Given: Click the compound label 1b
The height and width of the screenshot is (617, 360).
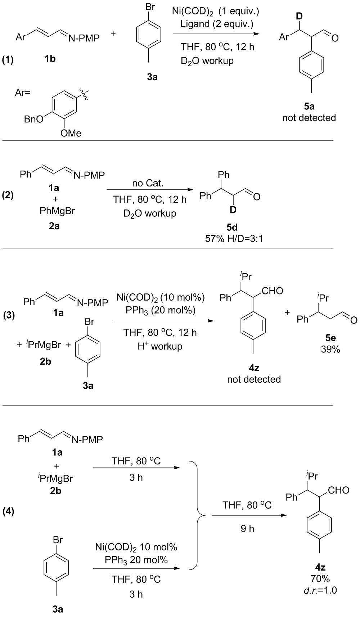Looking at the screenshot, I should click(x=50, y=58).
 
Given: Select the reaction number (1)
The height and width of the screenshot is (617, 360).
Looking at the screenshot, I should click(x=8, y=60).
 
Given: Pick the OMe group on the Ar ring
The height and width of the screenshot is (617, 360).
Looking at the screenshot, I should click(x=71, y=133).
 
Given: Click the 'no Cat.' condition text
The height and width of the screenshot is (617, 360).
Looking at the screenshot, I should click(x=148, y=184).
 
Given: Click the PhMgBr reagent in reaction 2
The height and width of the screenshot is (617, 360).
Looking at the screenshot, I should click(x=57, y=211).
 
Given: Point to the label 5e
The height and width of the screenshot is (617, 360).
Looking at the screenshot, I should click(x=330, y=338).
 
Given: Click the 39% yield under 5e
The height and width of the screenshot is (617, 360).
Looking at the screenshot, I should click(x=330, y=349).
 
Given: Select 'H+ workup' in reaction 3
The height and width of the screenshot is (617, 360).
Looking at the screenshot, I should click(x=160, y=346).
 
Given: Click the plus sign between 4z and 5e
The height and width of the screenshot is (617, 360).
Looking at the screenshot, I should click(x=287, y=312).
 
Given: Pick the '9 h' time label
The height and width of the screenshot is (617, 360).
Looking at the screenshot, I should click(x=247, y=528).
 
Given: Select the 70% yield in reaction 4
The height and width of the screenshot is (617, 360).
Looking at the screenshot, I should click(x=320, y=578).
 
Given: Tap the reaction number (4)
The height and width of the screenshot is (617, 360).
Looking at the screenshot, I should click(x=8, y=512).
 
